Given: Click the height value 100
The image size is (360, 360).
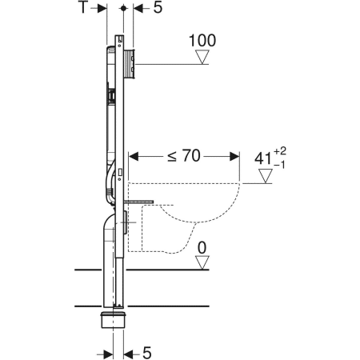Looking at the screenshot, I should [203, 39].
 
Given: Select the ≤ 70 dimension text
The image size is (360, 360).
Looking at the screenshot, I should [182, 155].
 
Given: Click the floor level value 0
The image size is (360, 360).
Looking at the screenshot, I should [203, 246].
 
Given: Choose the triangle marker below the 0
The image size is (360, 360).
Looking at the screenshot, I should [204, 262].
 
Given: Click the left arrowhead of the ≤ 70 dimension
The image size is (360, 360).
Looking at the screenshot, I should [134, 155].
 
